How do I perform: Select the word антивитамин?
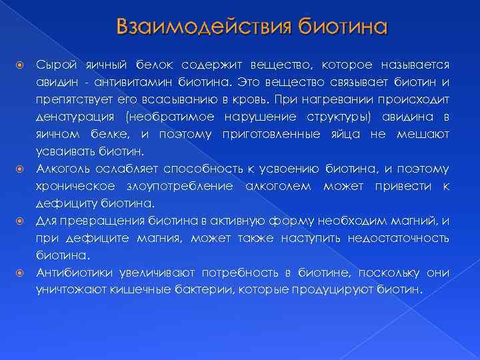click(113, 83)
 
